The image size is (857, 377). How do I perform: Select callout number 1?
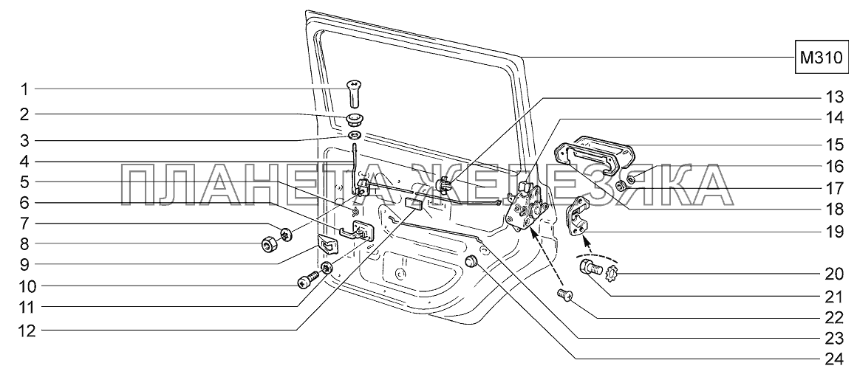pyautogui.click(x=24, y=91)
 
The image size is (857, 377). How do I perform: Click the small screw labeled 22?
pyautogui.click(x=565, y=297)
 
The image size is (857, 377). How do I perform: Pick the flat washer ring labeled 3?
pyautogui.click(x=354, y=137)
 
